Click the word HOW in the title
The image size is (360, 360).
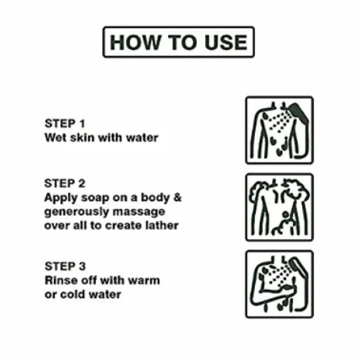coord(135,42)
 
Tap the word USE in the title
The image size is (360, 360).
coord(226,42)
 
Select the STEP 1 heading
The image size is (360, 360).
coord(65,124)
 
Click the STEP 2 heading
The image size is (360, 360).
coord(65,184)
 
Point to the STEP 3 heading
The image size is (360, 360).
coord(65,266)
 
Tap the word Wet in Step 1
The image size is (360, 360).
coord(56,137)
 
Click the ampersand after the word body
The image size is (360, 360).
coord(177,197)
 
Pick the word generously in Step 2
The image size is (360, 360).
coord(77,212)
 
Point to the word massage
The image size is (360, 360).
coord(139,212)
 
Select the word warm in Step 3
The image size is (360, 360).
coord(144,281)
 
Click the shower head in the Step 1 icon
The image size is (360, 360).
coord(299,113)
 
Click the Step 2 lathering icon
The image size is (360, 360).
coord(280,208)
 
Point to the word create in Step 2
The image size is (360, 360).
coord(123,226)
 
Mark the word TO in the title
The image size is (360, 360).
coord(182,42)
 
